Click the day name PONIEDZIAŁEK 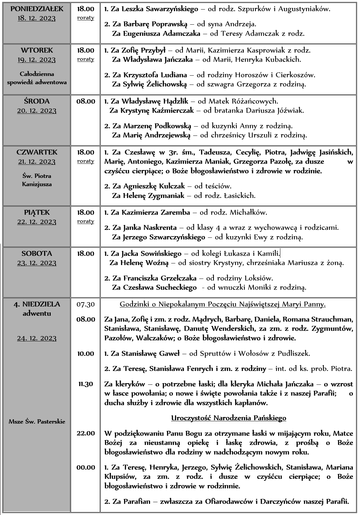pyautogui.click(x=37, y=9)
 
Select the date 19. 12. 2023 pyautogui.click(x=37, y=60)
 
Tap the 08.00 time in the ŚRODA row pyautogui.click(x=86, y=101)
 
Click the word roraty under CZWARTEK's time pyautogui.click(x=86, y=161)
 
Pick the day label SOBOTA pyautogui.click(x=37, y=254)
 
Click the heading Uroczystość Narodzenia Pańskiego pyautogui.click(x=228, y=418)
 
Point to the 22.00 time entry pyautogui.click(x=86, y=433)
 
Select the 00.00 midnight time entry pyautogui.click(x=86, y=467)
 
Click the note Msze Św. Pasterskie pyautogui.click(x=37, y=422)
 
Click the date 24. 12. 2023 pyautogui.click(x=37, y=338)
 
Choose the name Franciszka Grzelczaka pyautogui.click(x=160, y=278)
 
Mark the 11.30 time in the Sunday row pyautogui.click(x=86, y=384)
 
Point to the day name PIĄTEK pyautogui.click(x=37, y=212)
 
